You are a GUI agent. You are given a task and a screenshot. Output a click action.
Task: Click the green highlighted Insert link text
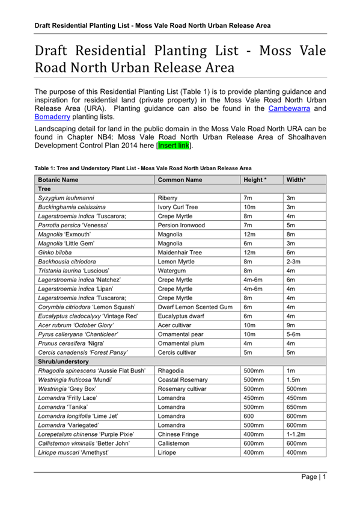(x=174, y=146)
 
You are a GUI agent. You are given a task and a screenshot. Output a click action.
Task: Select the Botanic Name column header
(x=58, y=180)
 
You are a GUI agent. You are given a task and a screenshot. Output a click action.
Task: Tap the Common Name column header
(x=180, y=180)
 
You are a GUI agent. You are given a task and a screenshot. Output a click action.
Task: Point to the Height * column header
(x=254, y=180)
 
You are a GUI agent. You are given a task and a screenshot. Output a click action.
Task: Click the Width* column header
(x=296, y=180)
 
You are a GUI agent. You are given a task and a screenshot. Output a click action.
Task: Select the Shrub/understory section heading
(x=64, y=361)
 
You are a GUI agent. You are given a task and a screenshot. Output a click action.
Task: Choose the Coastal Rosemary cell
(x=182, y=380)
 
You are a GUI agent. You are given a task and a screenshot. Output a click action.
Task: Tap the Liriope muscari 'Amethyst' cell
(x=73, y=452)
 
